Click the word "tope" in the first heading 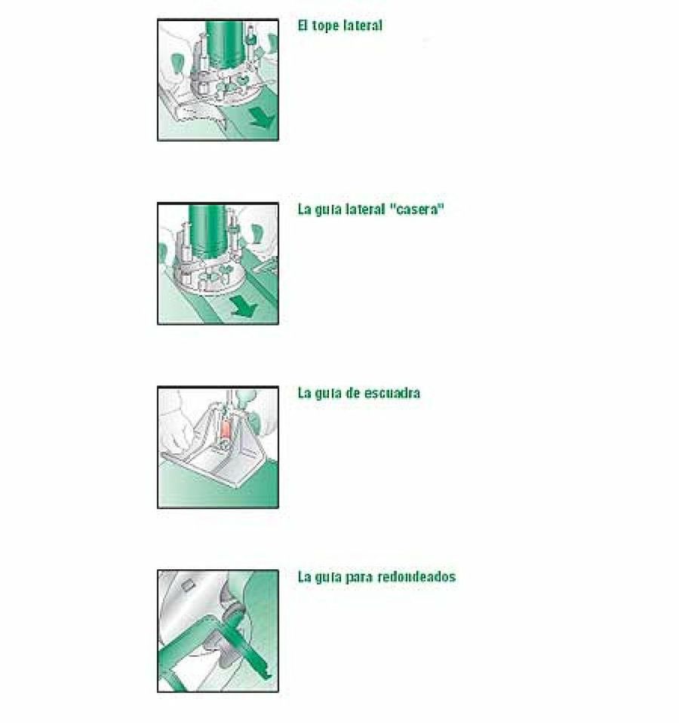[x=327, y=26]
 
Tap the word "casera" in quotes [x=417, y=210]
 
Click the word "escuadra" [x=392, y=394]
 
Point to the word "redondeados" [x=416, y=577]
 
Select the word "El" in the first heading [x=303, y=26]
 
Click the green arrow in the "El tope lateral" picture [x=263, y=118]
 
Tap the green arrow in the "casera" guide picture [x=243, y=306]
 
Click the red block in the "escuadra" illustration [x=226, y=429]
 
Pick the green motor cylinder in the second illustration [x=207, y=231]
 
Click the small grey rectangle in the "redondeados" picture [x=187, y=586]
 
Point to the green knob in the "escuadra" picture [x=245, y=396]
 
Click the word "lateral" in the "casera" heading [x=366, y=210]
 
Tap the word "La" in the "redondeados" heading [x=304, y=577]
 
